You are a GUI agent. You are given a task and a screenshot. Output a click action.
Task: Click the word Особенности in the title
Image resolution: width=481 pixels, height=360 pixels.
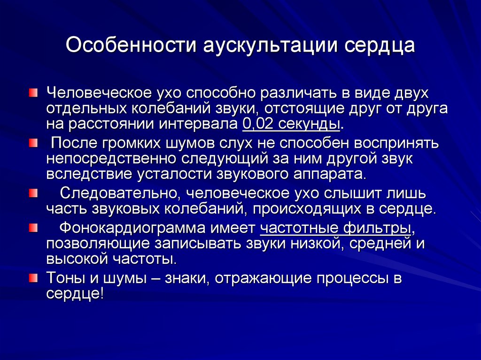pos(131,45)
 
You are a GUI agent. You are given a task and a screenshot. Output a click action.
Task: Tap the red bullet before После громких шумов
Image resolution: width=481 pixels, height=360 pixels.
pos(33,143)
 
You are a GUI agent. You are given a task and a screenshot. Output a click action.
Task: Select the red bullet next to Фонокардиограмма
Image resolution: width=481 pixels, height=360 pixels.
pos(33,228)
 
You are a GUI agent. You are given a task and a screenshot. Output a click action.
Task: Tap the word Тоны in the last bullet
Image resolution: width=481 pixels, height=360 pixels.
pos(65,278)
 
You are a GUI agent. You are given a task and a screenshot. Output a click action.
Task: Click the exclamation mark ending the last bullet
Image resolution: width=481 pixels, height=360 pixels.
pos(102,293)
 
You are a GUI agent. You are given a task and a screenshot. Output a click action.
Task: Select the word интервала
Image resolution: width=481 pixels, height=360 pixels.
pos(198,124)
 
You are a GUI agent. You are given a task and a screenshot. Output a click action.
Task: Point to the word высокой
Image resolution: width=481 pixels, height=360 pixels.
pos(78,259)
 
